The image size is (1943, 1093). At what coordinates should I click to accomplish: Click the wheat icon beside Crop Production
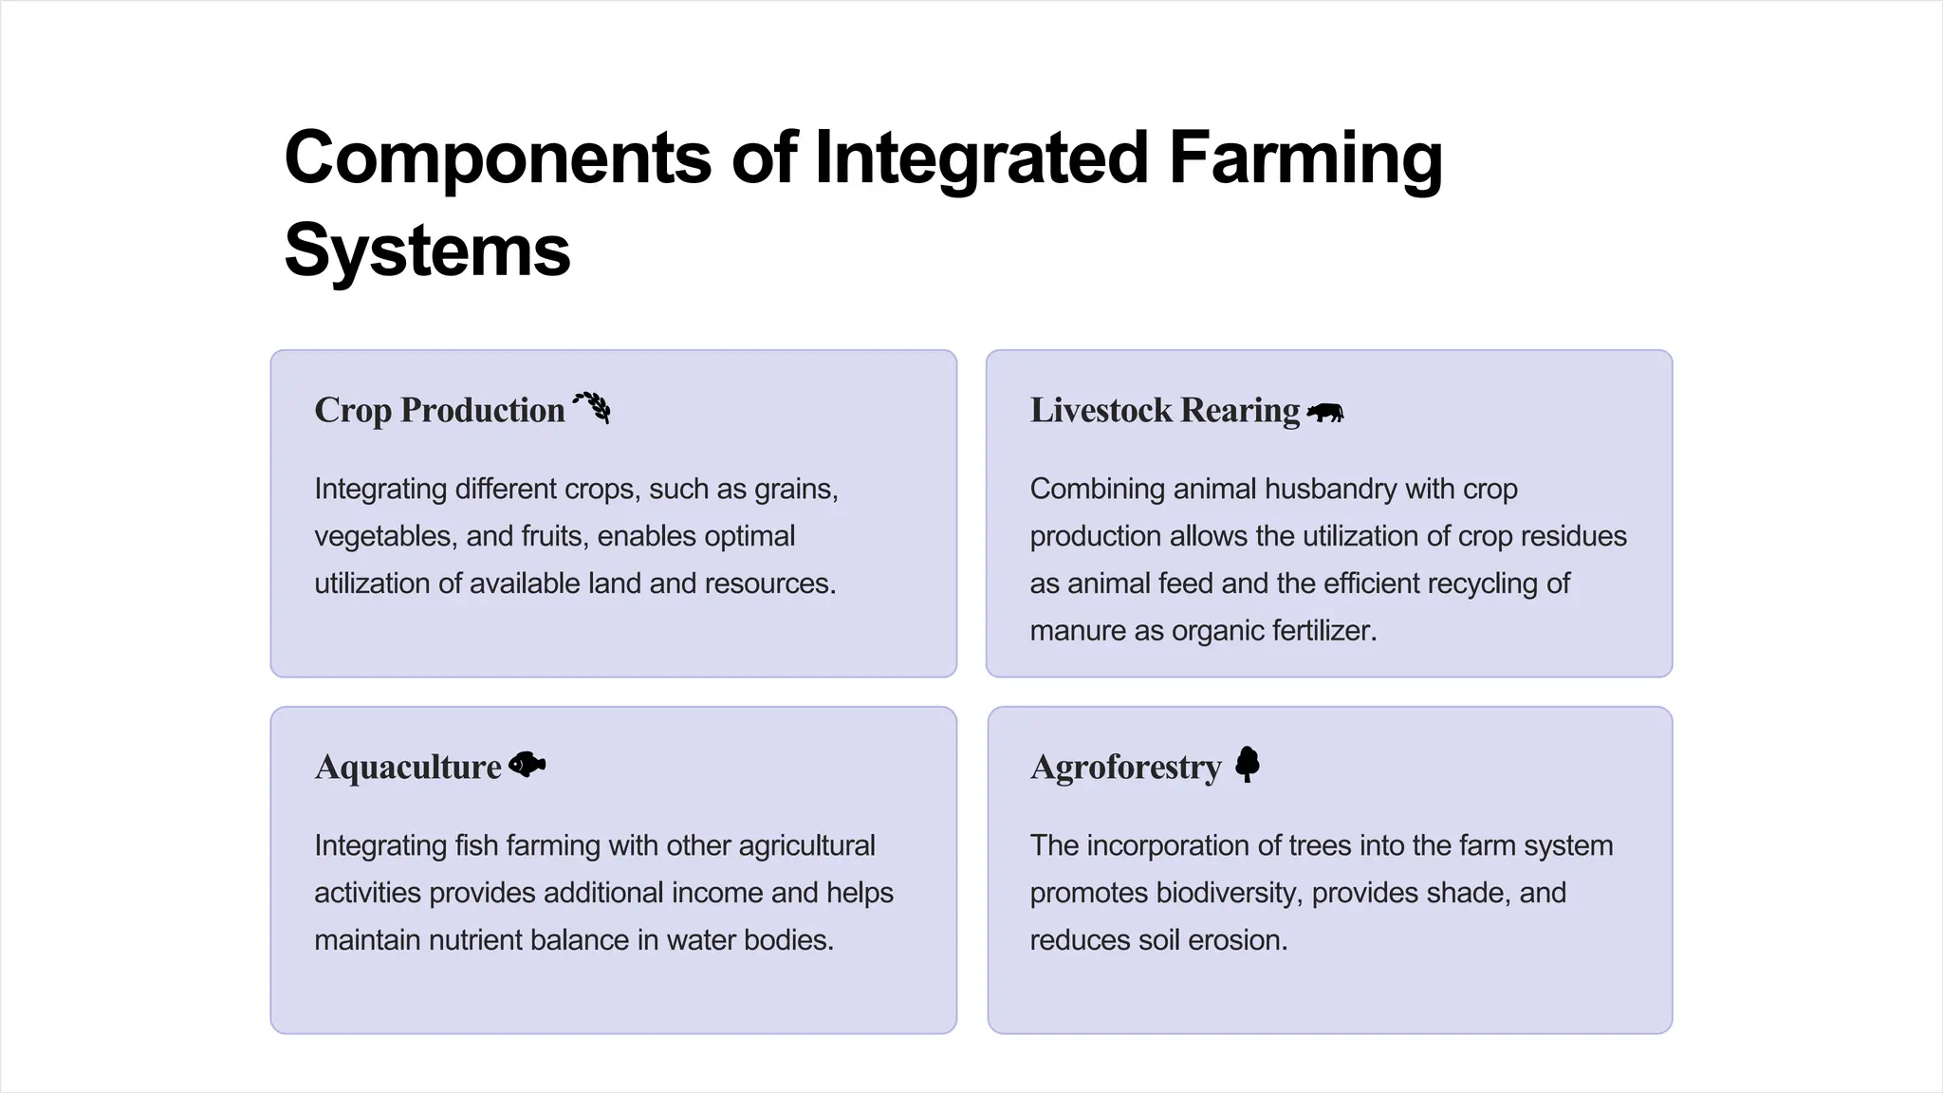[592, 408]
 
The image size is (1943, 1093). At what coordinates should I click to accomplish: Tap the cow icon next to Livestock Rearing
[1325, 413]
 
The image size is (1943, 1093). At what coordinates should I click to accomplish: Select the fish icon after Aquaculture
[527, 765]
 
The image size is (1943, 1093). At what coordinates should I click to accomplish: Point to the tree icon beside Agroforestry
[1248, 764]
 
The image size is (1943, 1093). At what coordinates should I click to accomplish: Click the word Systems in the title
[427, 250]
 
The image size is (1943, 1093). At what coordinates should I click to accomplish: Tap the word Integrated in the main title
[982, 157]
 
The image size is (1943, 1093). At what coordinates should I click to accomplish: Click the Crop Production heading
[439, 410]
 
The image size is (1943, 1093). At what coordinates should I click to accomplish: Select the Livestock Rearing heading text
[1164, 410]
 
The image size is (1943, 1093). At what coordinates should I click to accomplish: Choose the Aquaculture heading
[408, 767]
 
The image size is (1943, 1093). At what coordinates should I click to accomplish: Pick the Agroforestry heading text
[1125, 767]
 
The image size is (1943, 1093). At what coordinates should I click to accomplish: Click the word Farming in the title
[1305, 157]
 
